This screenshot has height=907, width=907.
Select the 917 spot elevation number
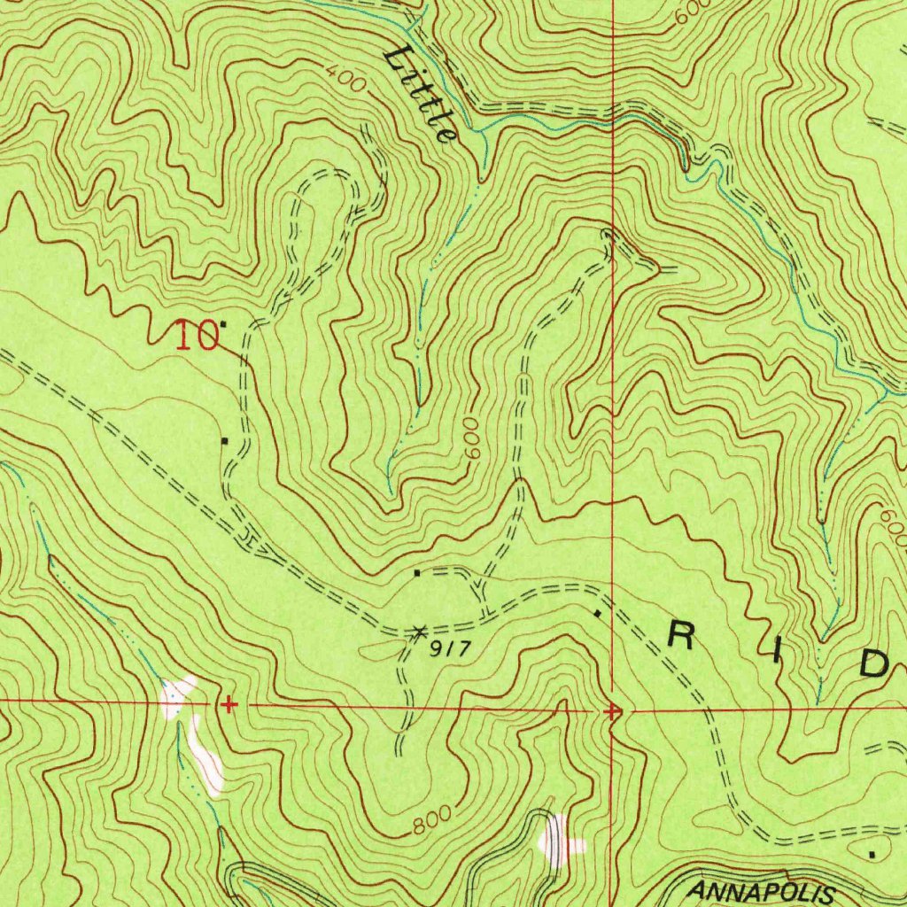point(447,649)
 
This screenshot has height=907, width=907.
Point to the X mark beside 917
point(419,631)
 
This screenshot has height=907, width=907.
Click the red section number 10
point(196,337)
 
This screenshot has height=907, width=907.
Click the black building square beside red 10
point(222,324)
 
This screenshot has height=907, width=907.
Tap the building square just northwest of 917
point(417,573)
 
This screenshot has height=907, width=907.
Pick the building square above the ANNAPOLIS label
point(873,855)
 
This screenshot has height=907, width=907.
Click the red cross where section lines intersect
point(612,710)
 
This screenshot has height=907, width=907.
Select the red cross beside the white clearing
point(229,705)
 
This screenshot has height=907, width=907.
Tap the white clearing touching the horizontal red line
point(177,694)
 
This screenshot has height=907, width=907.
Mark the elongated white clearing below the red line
point(207,757)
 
